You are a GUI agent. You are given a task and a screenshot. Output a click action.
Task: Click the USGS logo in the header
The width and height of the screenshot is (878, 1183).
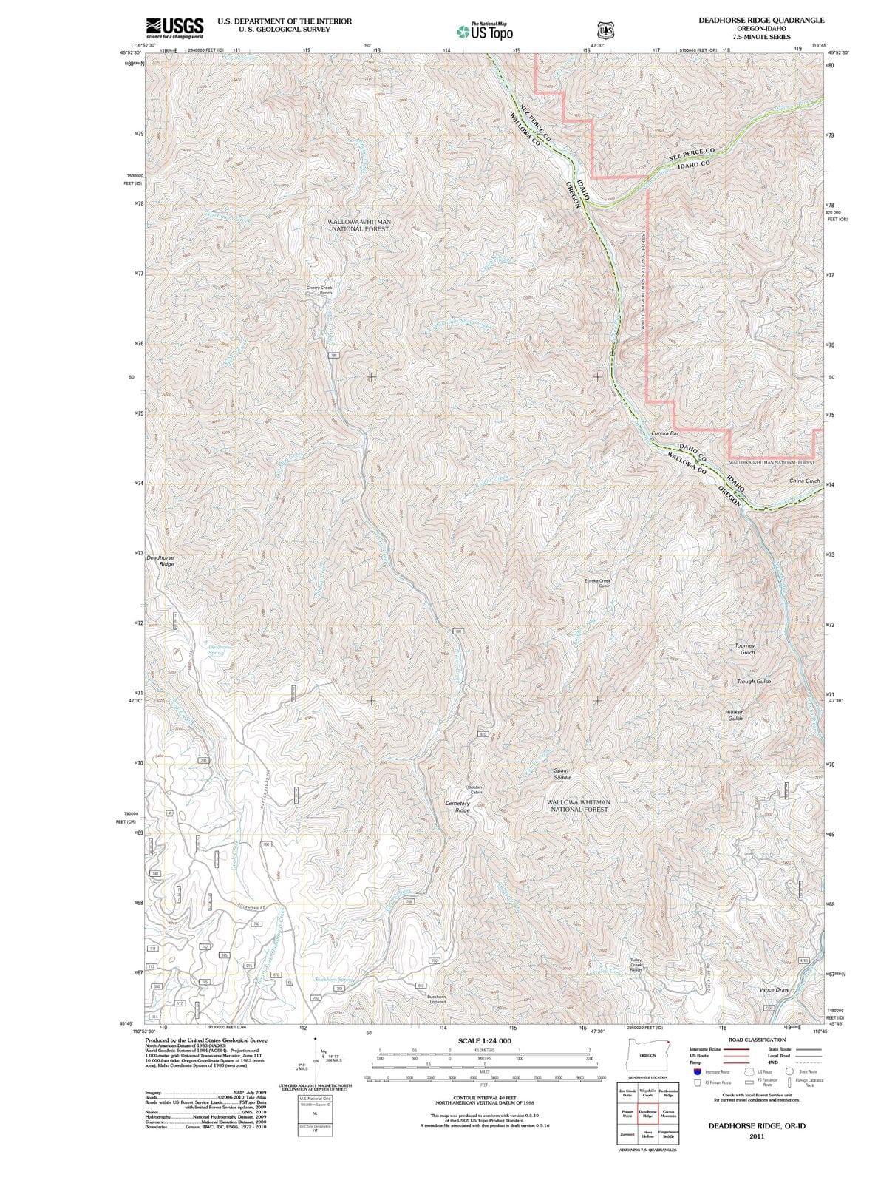coord(175,27)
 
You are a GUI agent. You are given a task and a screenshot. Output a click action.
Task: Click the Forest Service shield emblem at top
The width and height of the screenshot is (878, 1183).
coord(605,30)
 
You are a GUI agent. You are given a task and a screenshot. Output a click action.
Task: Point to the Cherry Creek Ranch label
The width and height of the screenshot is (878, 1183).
coord(319,290)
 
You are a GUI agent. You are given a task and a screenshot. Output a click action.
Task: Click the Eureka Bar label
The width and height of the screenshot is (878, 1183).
coord(665,433)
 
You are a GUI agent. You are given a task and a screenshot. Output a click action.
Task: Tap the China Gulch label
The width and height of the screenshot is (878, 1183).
coord(804,481)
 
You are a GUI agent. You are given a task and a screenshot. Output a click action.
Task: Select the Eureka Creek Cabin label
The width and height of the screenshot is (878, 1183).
coord(597,583)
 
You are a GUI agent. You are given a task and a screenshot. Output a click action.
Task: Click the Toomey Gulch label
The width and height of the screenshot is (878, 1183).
coord(745,649)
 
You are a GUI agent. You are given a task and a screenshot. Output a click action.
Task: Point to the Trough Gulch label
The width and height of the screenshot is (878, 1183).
coord(753,681)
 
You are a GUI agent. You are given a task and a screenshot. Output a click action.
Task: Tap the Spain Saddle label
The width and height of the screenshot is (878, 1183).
coord(562,774)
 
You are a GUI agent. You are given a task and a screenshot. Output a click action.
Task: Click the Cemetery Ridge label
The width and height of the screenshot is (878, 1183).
coord(457,806)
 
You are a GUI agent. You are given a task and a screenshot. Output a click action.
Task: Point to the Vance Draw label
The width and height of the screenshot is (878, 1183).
coord(774,989)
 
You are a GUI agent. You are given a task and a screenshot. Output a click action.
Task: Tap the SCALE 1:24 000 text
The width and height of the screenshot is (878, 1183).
coord(484,1040)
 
